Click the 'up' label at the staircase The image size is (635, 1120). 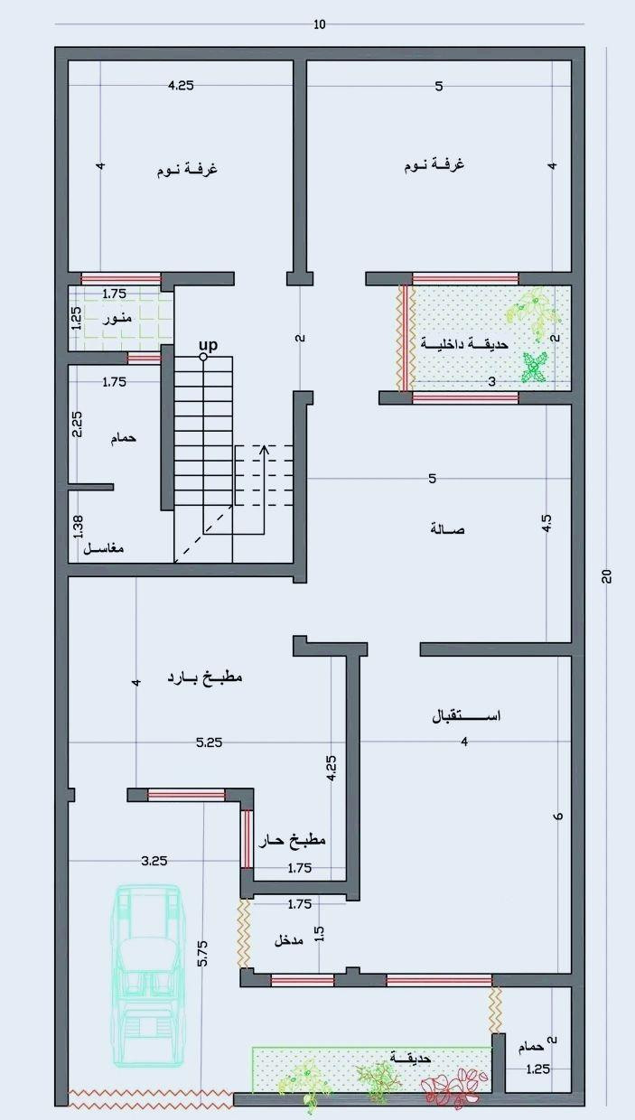(x=208, y=345)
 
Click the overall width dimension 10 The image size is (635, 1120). (x=320, y=24)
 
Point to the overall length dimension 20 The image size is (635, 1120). (x=606, y=576)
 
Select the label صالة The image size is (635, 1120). (x=447, y=529)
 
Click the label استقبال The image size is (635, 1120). (x=466, y=716)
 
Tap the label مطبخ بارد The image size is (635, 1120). (x=204, y=678)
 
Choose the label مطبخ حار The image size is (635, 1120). (x=292, y=840)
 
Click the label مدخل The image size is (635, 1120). (x=288, y=940)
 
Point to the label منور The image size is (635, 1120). (x=117, y=318)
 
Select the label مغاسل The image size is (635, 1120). (x=104, y=548)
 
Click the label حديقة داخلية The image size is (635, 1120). (x=464, y=343)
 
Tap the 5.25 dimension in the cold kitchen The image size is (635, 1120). (x=209, y=742)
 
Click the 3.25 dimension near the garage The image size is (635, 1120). (x=154, y=861)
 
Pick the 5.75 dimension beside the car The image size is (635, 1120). (x=202, y=954)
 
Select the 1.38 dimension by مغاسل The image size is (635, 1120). (x=78, y=527)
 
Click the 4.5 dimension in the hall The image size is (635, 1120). (x=546, y=523)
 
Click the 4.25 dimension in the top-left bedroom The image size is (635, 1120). (x=181, y=86)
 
